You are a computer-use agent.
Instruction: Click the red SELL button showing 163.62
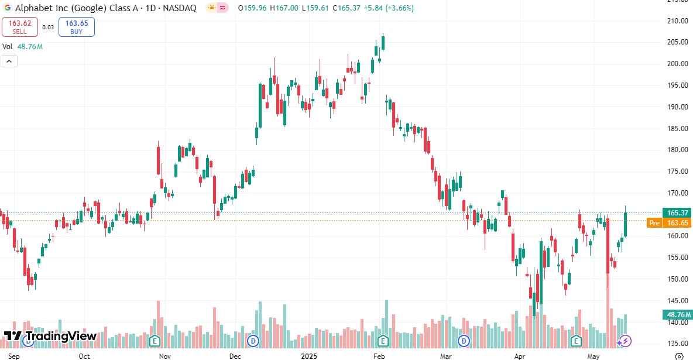pos(19,27)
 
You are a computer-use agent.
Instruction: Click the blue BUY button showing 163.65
pos(76,27)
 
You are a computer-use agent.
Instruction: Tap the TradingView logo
pos(50,336)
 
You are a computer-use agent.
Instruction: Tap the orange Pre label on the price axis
pos(654,223)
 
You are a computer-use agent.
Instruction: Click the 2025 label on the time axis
pos(308,356)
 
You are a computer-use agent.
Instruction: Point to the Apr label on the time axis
pos(520,356)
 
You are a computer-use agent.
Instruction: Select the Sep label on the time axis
pos(14,356)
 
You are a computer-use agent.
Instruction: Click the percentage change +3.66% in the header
pos(398,8)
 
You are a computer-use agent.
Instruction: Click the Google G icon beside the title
pos(8,8)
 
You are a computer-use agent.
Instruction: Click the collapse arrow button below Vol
pos(9,61)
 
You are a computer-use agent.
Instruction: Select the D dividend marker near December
pos(253,340)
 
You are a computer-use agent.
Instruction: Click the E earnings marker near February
pos(383,340)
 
